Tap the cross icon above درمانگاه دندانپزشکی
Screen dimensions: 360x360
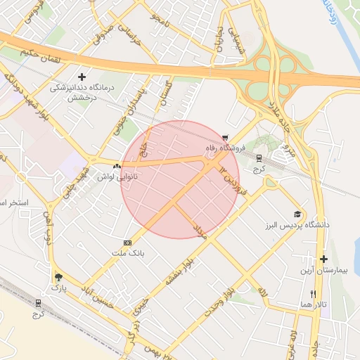pyautogui.click(x=82, y=77)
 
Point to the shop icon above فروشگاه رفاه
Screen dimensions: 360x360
pyautogui.click(x=225, y=138)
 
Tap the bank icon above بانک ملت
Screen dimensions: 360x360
pyautogui.click(x=127, y=241)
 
